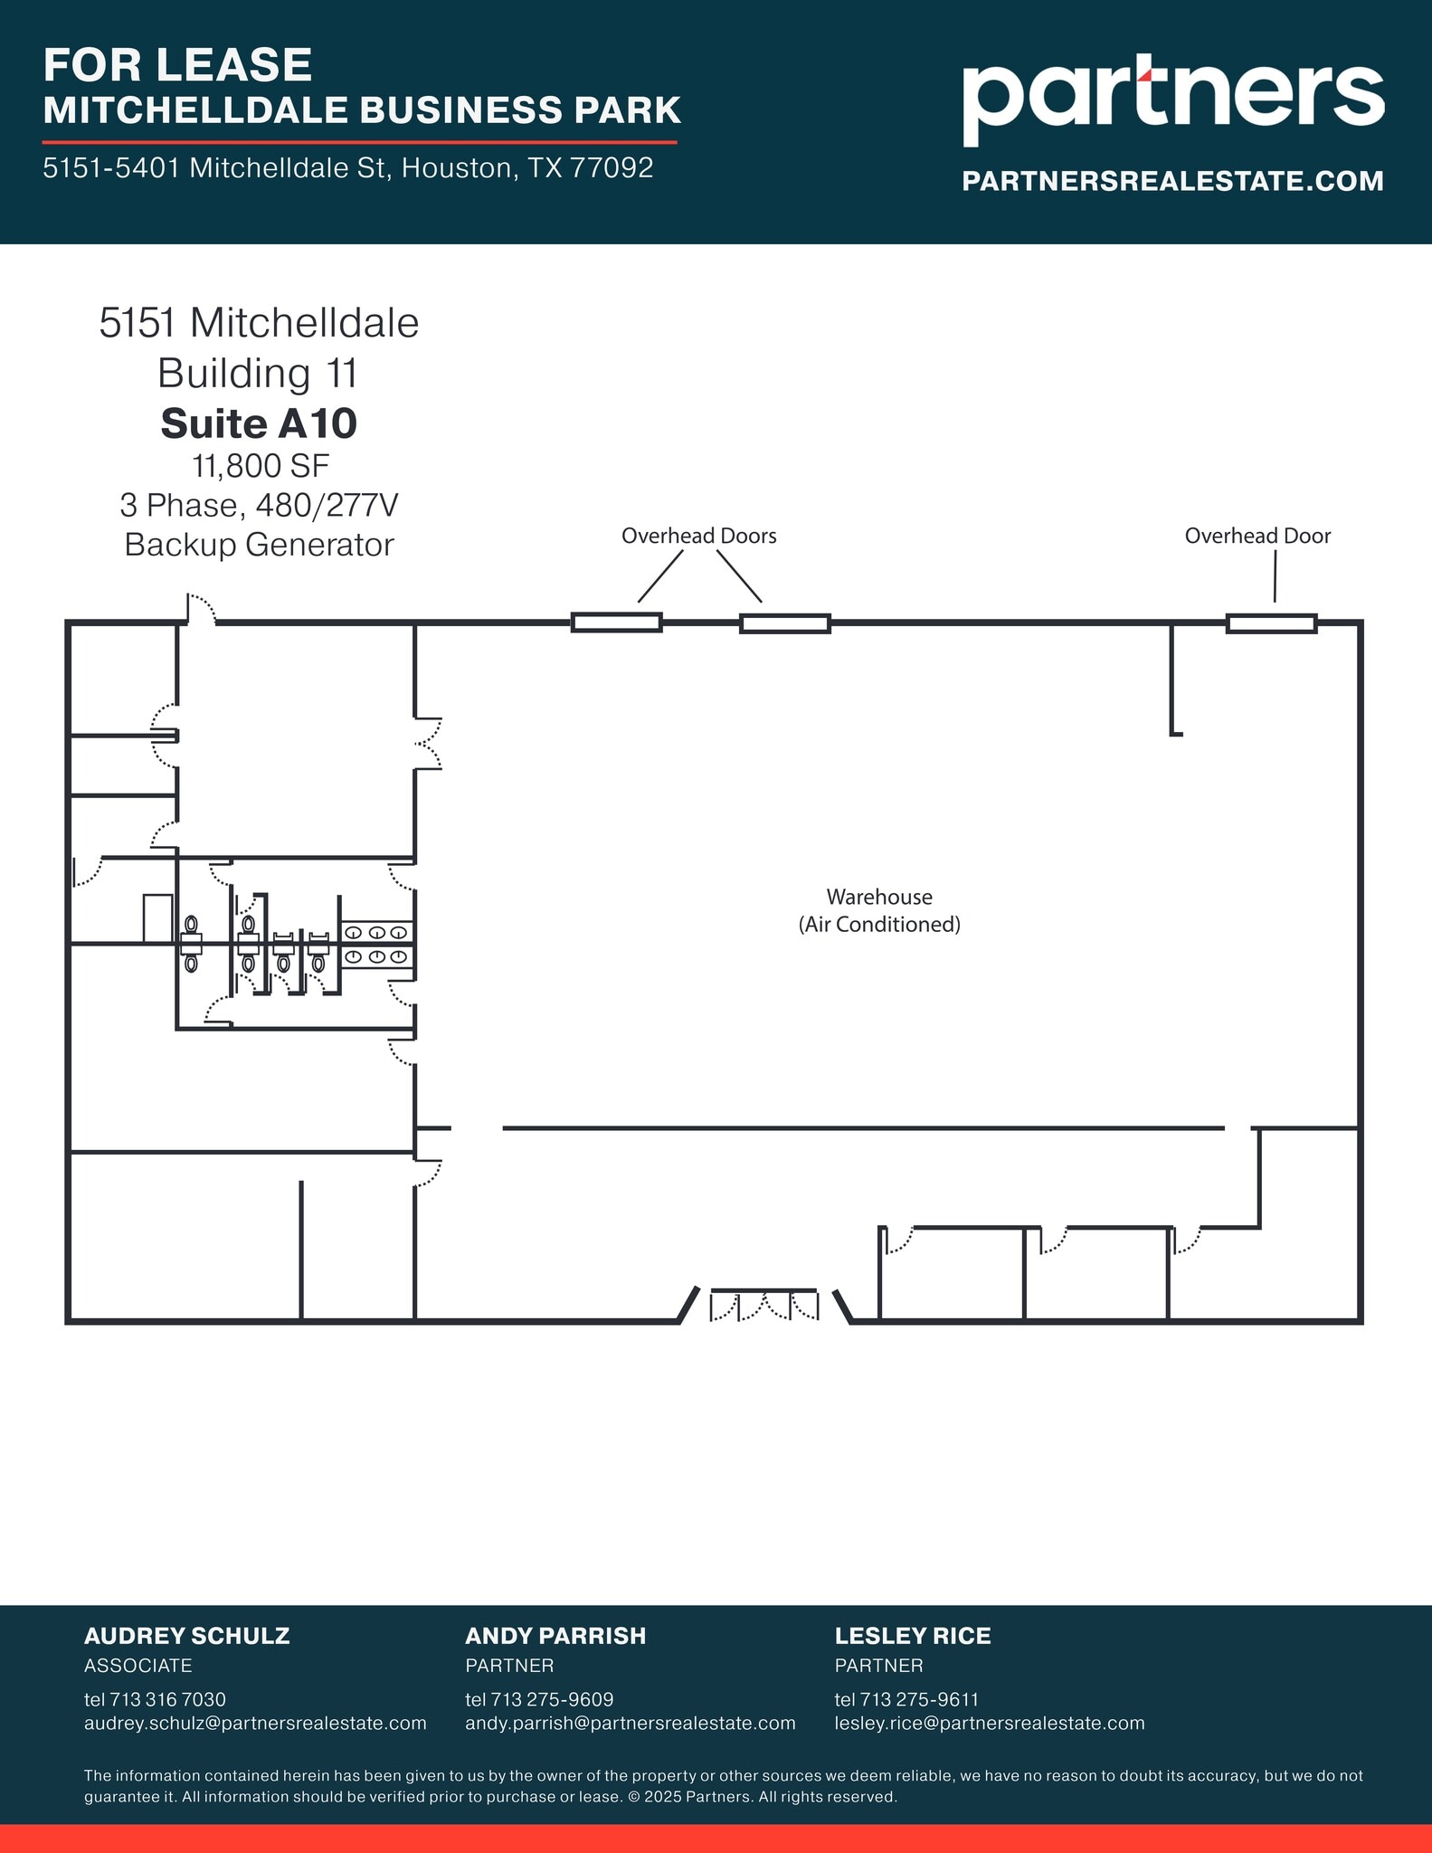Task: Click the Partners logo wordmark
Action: click(x=1172, y=97)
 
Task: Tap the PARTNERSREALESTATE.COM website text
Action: click(x=1172, y=181)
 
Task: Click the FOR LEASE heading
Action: click(x=177, y=65)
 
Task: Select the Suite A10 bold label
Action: click(x=259, y=423)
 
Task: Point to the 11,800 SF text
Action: click(x=260, y=466)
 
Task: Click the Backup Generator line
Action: click(x=259, y=545)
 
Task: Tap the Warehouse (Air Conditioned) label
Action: click(x=879, y=910)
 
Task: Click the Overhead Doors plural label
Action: click(x=698, y=536)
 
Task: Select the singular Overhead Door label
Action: click(x=1257, y=536)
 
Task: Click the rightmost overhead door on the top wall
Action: click(x=1271, y=622)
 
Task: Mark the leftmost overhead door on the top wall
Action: click(x=616, y=622)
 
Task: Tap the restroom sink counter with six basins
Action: click(x=377, y=945)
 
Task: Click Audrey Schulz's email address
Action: click(x=255, y=1723)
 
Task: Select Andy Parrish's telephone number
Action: click(x=539, y=1699)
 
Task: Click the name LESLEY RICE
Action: click(x=912, y=1636)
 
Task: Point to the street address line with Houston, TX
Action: click(x=348, y=168)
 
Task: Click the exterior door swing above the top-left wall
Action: click(x=201, y=608)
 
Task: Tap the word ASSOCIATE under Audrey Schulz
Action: click(x=138, y=1666)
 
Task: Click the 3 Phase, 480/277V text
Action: click(x=259, y=505)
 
